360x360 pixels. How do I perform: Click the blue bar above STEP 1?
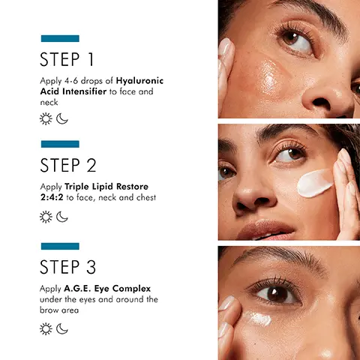pos(60,38)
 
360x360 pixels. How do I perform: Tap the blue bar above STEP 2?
pos(60,144)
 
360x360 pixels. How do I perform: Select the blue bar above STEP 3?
pos(60,246)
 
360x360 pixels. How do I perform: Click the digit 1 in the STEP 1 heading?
pos(91,59)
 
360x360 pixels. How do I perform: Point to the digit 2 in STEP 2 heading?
pos(91,165)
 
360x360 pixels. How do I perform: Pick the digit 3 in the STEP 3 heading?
pos(91,267)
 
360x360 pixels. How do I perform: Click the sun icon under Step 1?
pos(46,118)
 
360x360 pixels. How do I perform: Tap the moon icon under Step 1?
pos(62,118)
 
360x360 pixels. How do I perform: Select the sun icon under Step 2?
pos(46,217)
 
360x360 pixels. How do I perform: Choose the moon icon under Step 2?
pos(62,217)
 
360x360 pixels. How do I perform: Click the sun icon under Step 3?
pos(46,328)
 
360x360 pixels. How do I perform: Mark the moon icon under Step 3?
pos(62,328)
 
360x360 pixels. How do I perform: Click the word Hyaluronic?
pos(139,81)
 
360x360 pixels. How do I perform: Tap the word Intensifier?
pos(85,91)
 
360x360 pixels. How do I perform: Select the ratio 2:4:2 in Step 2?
pos(52,197)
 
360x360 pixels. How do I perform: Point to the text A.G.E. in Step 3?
pos(77,289)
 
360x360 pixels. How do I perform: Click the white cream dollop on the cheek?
pos(315,184)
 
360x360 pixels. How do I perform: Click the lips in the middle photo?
pos(266,229)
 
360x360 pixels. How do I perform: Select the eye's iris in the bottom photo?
pos(277,294)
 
